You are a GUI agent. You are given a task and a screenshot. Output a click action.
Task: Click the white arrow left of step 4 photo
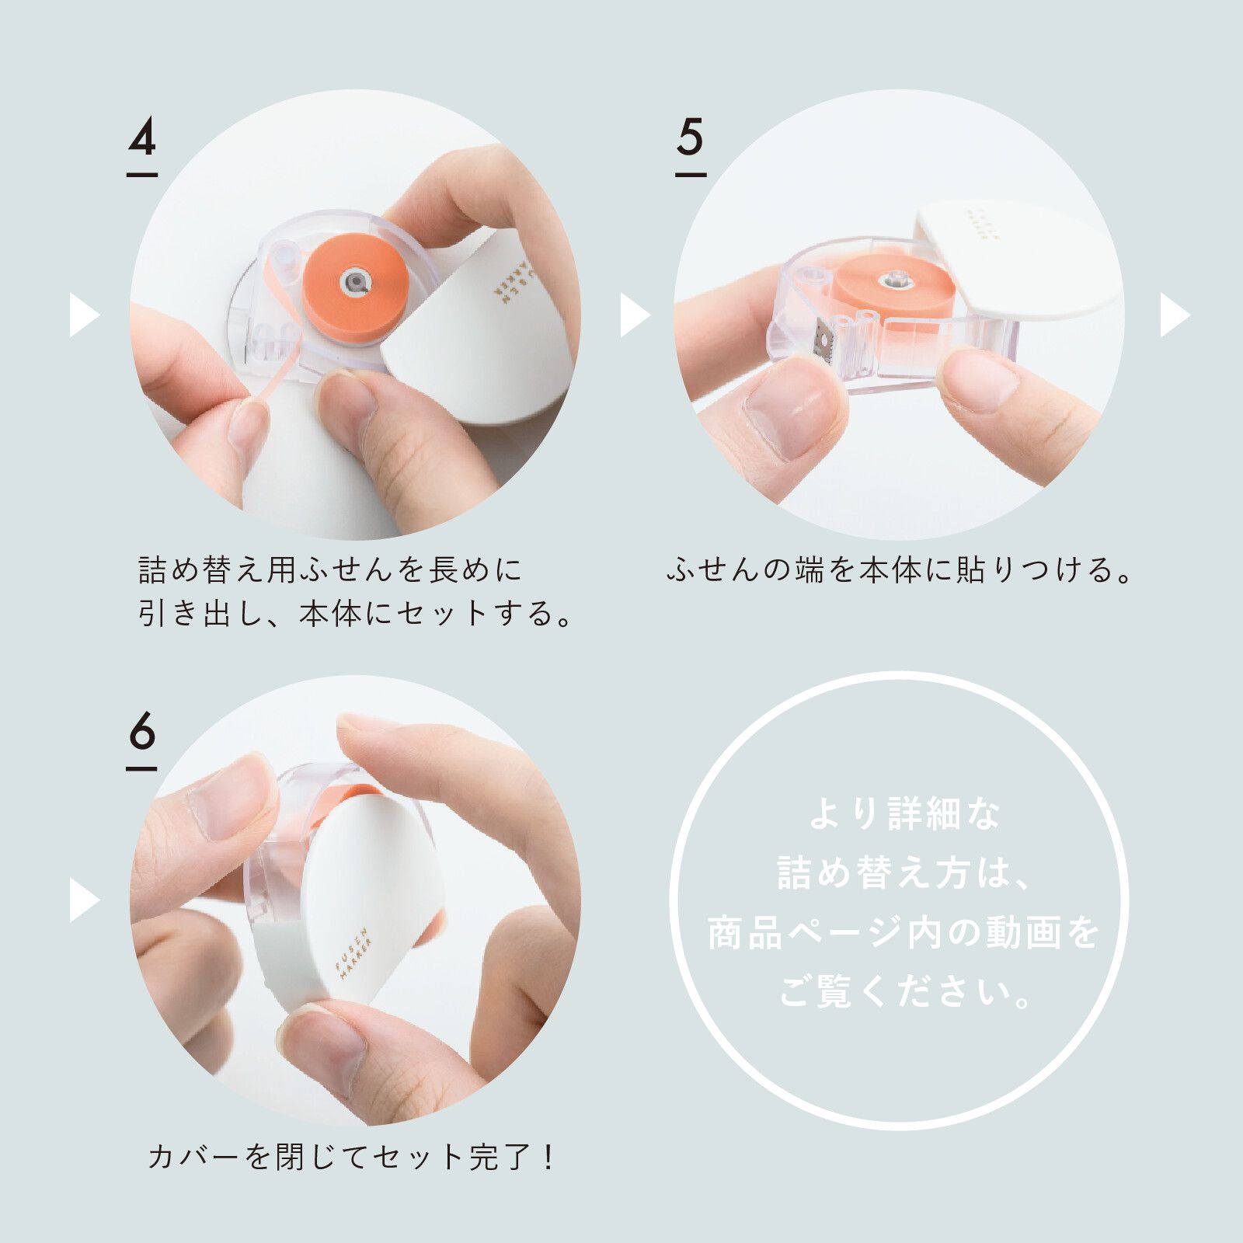(x=83, y=315)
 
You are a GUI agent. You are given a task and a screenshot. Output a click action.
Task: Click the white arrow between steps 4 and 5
(x=633, y=315)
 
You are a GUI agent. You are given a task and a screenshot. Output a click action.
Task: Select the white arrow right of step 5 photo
(x=1174, y=315)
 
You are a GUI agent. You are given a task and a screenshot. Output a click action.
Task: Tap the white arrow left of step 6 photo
(x=83, y=900)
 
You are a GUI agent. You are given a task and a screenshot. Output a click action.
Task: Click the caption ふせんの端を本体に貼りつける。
(x=900, y=571)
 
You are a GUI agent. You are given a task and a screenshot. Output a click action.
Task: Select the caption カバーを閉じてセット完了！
(x=351, y=1158)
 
